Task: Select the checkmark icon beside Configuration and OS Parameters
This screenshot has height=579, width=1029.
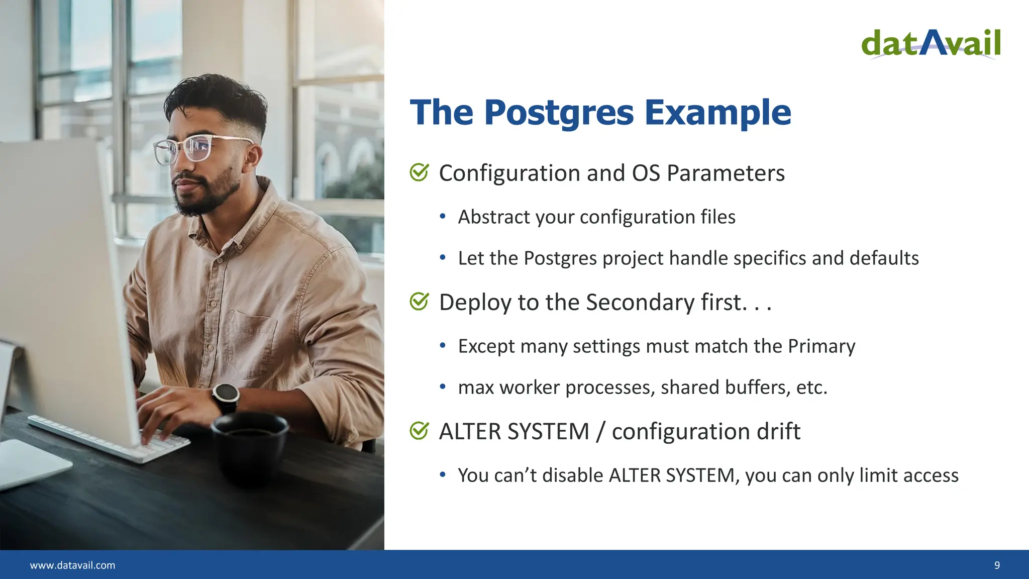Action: click(419, 172)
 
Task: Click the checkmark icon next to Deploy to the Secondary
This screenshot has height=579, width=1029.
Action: click(419, 302)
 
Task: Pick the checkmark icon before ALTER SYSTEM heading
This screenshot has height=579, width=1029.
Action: click(419, 431)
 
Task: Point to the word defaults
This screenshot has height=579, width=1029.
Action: click(884, 258)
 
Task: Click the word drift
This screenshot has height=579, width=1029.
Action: click(778, 432)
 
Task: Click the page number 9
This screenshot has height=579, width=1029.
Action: click(997, 565)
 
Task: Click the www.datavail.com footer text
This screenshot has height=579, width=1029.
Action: click(72, 565)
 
